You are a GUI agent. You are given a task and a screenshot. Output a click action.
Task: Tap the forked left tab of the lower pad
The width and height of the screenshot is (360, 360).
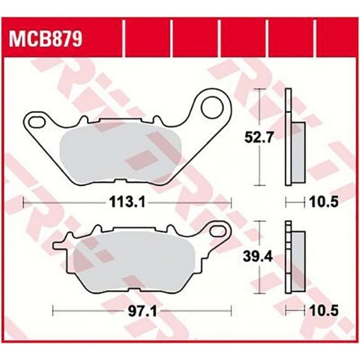pos(60,245)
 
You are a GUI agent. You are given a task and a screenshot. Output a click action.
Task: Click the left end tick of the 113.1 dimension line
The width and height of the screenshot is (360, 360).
pos(23,203)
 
